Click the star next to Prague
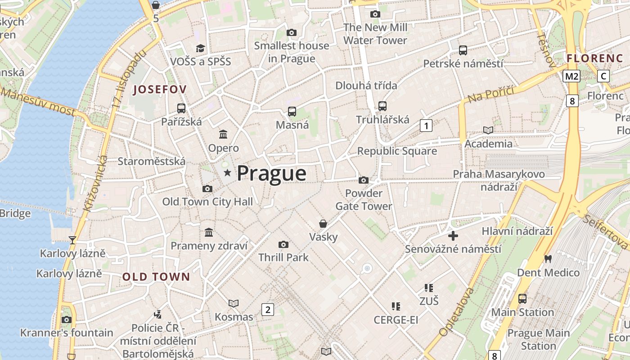pos(227,172)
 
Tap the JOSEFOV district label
pos(157,90)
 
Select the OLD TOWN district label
pos(156,277)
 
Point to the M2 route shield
pos(571,76)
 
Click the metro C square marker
pos(603,76)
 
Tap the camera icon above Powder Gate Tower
pos(364,180)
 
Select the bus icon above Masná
pos(292,111)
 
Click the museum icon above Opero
pos(223,134)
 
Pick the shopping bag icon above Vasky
pos(323,223)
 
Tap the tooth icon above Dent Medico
pos(548,259)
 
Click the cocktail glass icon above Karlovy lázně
pos(72,240)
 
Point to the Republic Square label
pos(397,151)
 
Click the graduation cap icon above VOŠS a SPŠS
pos(200,48)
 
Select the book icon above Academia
pos(488,130)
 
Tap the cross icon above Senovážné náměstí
pos(453,235)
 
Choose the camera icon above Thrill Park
pos(283,244)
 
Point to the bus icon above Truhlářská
pos(382,106)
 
